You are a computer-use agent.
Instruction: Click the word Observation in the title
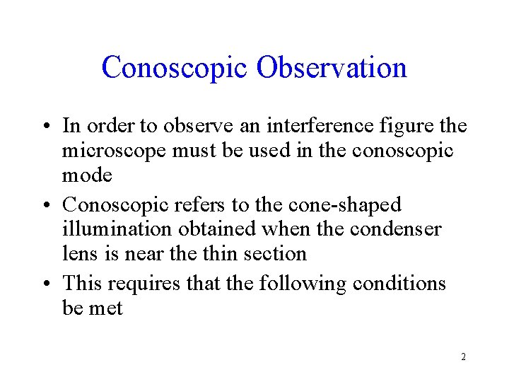[x=332, y=68]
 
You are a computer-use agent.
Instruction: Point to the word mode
[x=86, y=175]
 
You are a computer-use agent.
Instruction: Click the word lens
[x=77, y=253]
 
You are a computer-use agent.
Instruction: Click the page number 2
[x=463, y=357]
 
